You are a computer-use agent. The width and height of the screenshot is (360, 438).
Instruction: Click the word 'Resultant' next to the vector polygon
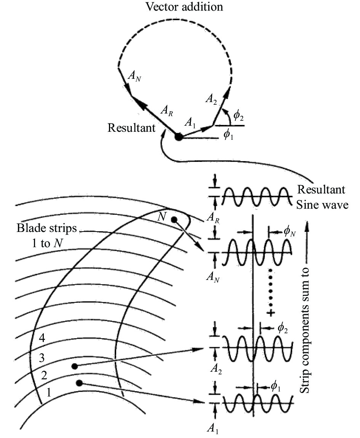click(x=131, y=128)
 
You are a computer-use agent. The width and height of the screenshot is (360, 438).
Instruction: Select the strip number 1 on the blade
click(x=48, y=393)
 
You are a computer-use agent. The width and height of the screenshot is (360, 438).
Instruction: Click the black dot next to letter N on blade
click(x=174, y=220)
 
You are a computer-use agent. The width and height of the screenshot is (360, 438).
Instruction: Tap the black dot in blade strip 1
click(x=79, y=383)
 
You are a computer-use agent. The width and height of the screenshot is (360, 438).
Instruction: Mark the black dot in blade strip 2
click(x=75, y=366)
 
